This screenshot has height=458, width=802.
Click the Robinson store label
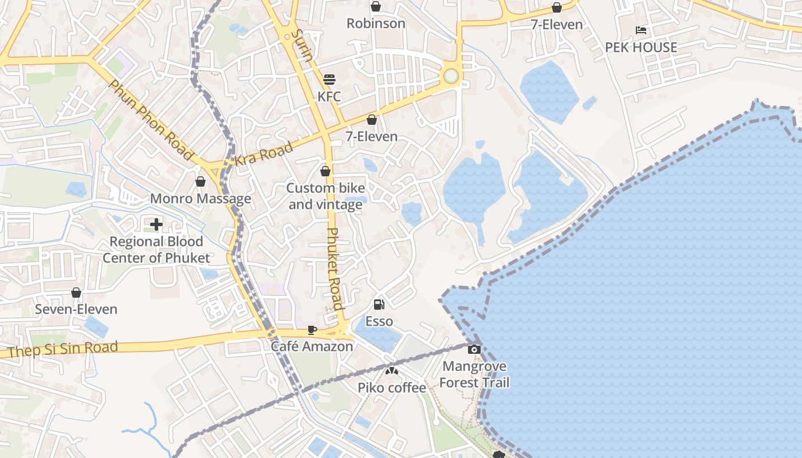click(x=376, y=23)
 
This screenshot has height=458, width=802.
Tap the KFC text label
click(x=329, y=96)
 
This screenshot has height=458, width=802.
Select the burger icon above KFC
click(x=329, y=79)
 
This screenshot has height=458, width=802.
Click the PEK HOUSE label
click(x=641, y=48)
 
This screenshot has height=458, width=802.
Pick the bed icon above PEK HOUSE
click(x=641, y=30)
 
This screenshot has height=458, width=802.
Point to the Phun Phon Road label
click(x=151, y=120)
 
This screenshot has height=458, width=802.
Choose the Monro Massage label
click(x=200, y=199)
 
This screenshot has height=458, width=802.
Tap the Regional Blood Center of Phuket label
click(x=156, y=250)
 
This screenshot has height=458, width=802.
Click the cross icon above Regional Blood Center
click(x=156, y=224)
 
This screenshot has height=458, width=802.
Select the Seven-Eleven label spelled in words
click(x=76, y=309)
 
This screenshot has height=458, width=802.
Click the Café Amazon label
click(x=312, y=346)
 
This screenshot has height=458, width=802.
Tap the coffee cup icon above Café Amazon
click(x=312, y=330)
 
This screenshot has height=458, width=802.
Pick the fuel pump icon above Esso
click(x=379, y=305)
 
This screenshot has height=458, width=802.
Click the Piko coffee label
click(x=392, y=388)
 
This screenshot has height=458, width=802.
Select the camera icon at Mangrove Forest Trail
click(x=474, y=349)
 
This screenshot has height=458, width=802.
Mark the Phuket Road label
click(x=335, y=269)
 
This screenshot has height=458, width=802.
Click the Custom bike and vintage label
click(x=325, y=196)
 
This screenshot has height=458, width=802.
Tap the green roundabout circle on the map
click(x=451, y=76)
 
